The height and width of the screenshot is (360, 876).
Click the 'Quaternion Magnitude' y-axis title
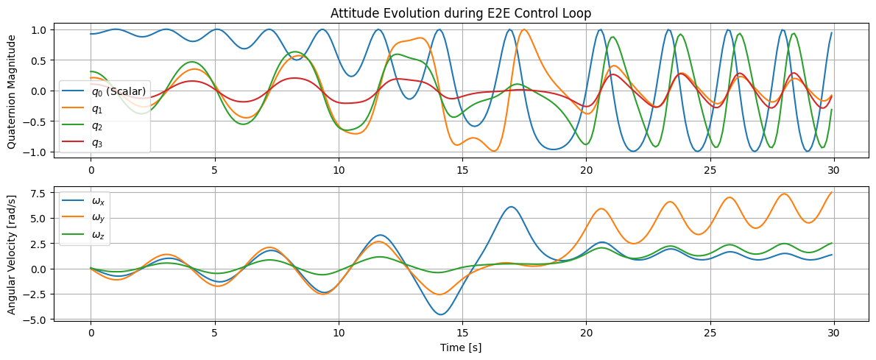tap(12, 91)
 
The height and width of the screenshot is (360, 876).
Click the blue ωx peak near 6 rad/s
tap(511, 207)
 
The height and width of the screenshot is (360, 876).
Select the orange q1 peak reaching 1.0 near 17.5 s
tap(523, 30)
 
